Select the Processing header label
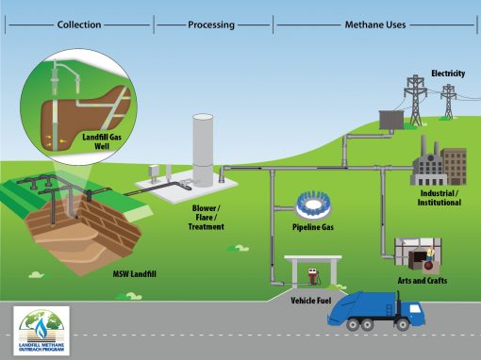[x=211, y=25]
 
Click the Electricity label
[x=448, y=73]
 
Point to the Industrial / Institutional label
[x=440, y=198]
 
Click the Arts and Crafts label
[x=423, y=280]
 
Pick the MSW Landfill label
[x=121, y=274]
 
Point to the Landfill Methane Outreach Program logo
[x=41, y=332]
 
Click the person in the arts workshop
[x=429, y=255]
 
